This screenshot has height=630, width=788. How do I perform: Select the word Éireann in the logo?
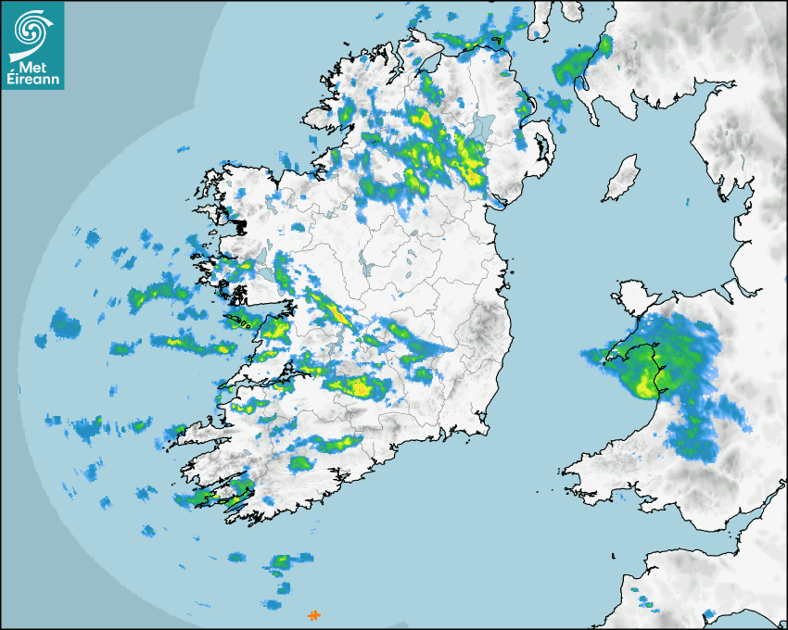point(35,81)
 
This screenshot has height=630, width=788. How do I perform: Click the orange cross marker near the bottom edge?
point(314,615)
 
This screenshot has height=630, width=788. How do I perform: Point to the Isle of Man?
point(622,179)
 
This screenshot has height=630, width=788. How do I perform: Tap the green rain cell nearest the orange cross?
point(279,562)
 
